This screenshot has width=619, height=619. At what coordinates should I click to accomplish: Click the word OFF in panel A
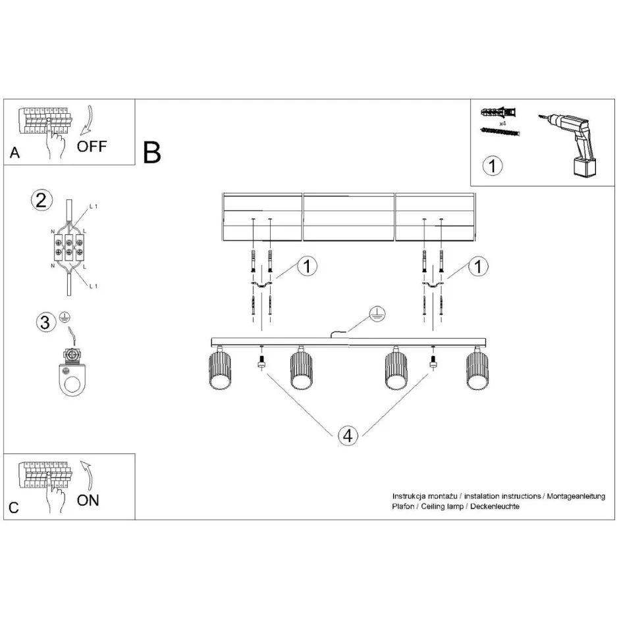click(x=91, y=146)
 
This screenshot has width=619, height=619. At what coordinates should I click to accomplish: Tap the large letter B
click(x=152, y=153)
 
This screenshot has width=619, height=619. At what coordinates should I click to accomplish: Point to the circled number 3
click(x=45, y=322)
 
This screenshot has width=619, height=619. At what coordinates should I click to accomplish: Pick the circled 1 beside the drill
click(x=492, y=165)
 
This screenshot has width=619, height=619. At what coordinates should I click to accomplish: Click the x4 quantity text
click(x=502, y=123)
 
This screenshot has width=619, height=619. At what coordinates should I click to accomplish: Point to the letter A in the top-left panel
click(x=14, y=154)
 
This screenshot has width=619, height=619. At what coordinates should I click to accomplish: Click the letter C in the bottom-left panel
click(x=14, y=507)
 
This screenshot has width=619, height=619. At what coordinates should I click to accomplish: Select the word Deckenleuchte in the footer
click(x=496, y=507)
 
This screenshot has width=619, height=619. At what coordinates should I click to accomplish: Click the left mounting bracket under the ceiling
click(x=261, y=284)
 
